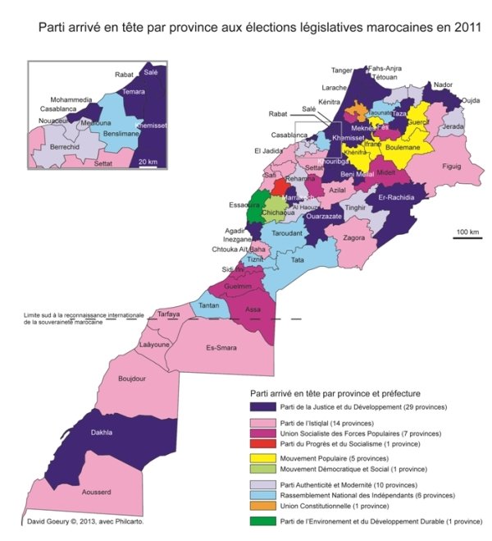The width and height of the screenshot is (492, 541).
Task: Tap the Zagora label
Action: pyautogui.click(x=354, y=238)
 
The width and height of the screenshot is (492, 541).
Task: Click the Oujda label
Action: pyautogui.click(x=471, y=101)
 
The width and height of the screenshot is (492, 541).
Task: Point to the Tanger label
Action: pyautogui.click(x=342, y=71)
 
